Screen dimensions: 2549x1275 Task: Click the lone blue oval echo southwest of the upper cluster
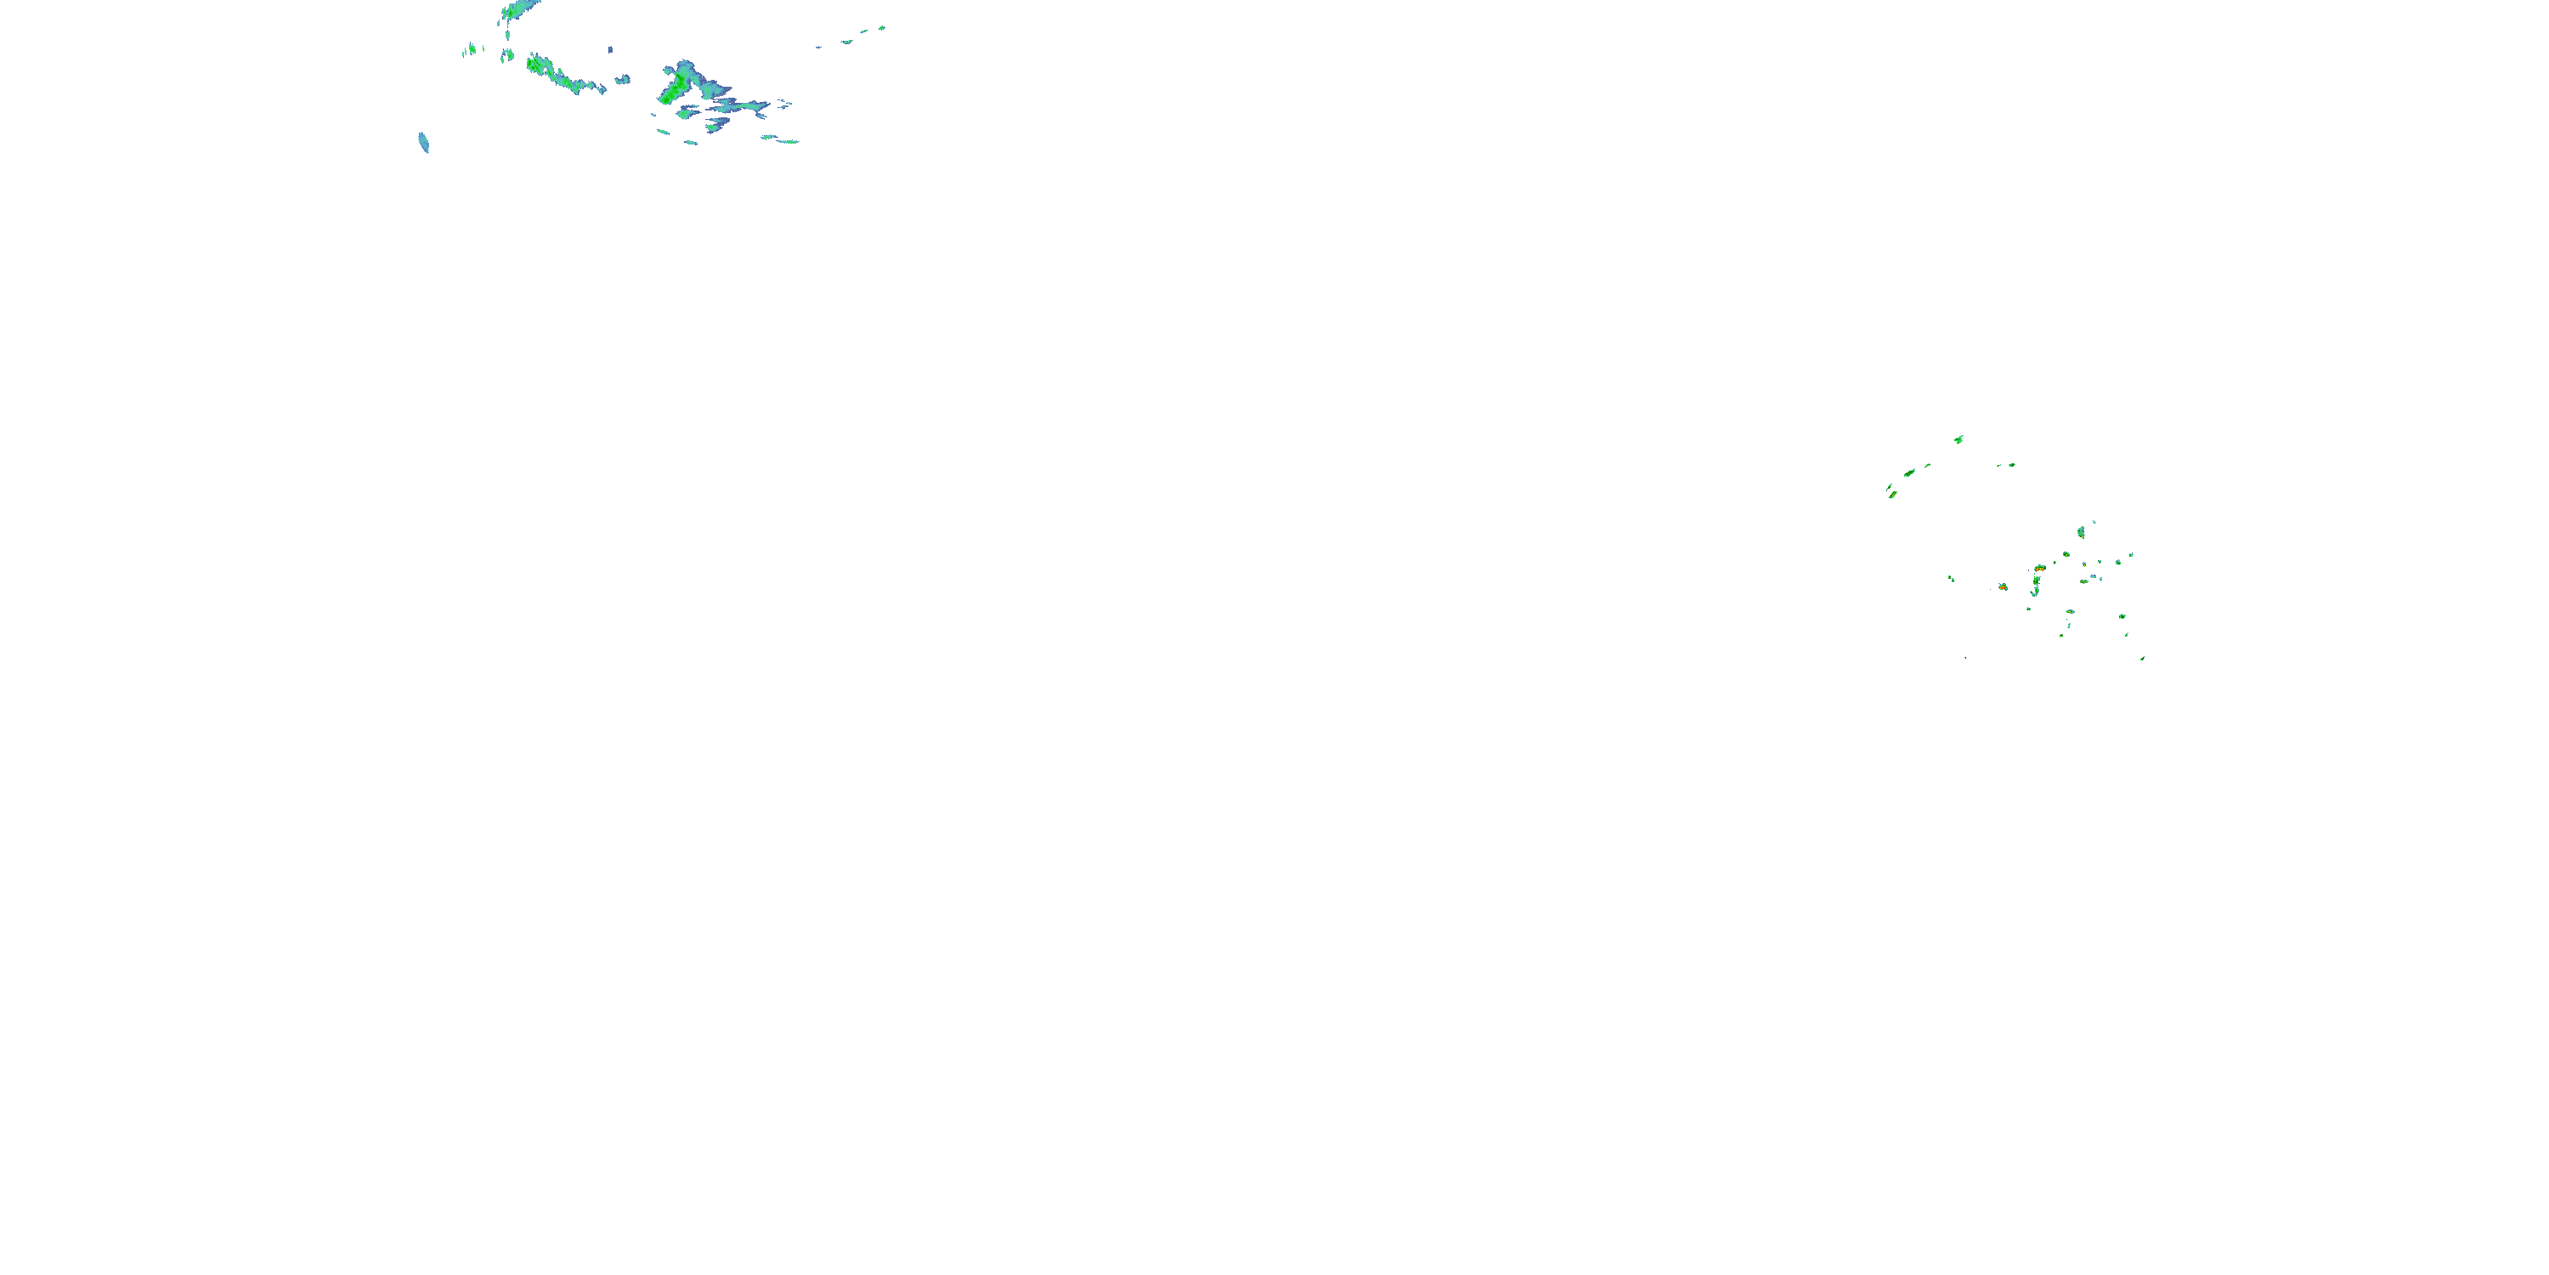tap(423, 143)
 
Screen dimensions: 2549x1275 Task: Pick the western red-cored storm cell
tap(2002, 587)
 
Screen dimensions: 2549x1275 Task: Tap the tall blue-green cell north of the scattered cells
tap(2081, 533)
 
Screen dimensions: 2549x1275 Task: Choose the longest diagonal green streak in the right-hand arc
tap(1910, 473)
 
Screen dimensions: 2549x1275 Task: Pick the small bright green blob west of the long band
tap(472, 49)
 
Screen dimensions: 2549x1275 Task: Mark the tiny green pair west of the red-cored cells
tap(1952, 578)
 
